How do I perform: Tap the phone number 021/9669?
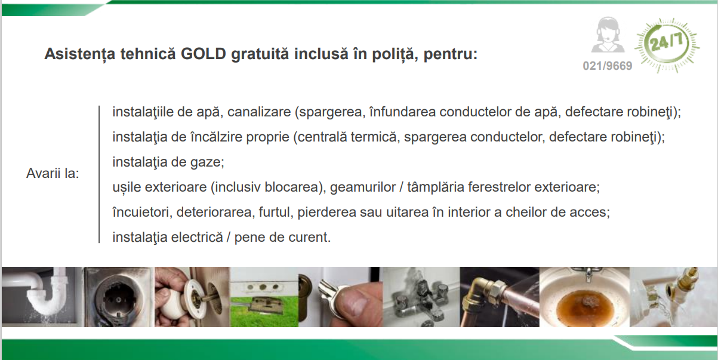coord(608,66)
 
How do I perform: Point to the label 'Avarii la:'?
coord(53,174)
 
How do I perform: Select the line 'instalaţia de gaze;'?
coord(168,162)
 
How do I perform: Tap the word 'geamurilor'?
coord(364,187)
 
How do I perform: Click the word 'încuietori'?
coord(140,212)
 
